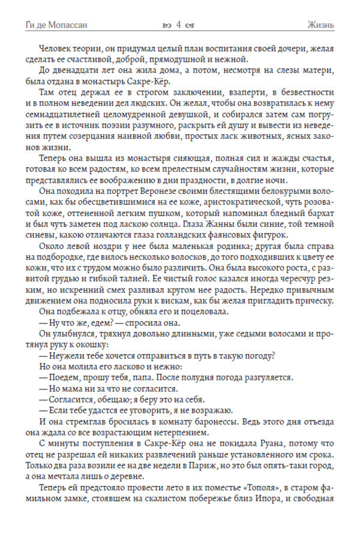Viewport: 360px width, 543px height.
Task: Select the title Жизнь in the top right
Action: tap(319, 25)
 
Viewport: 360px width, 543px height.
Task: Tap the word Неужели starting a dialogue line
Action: tap(68, 356)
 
